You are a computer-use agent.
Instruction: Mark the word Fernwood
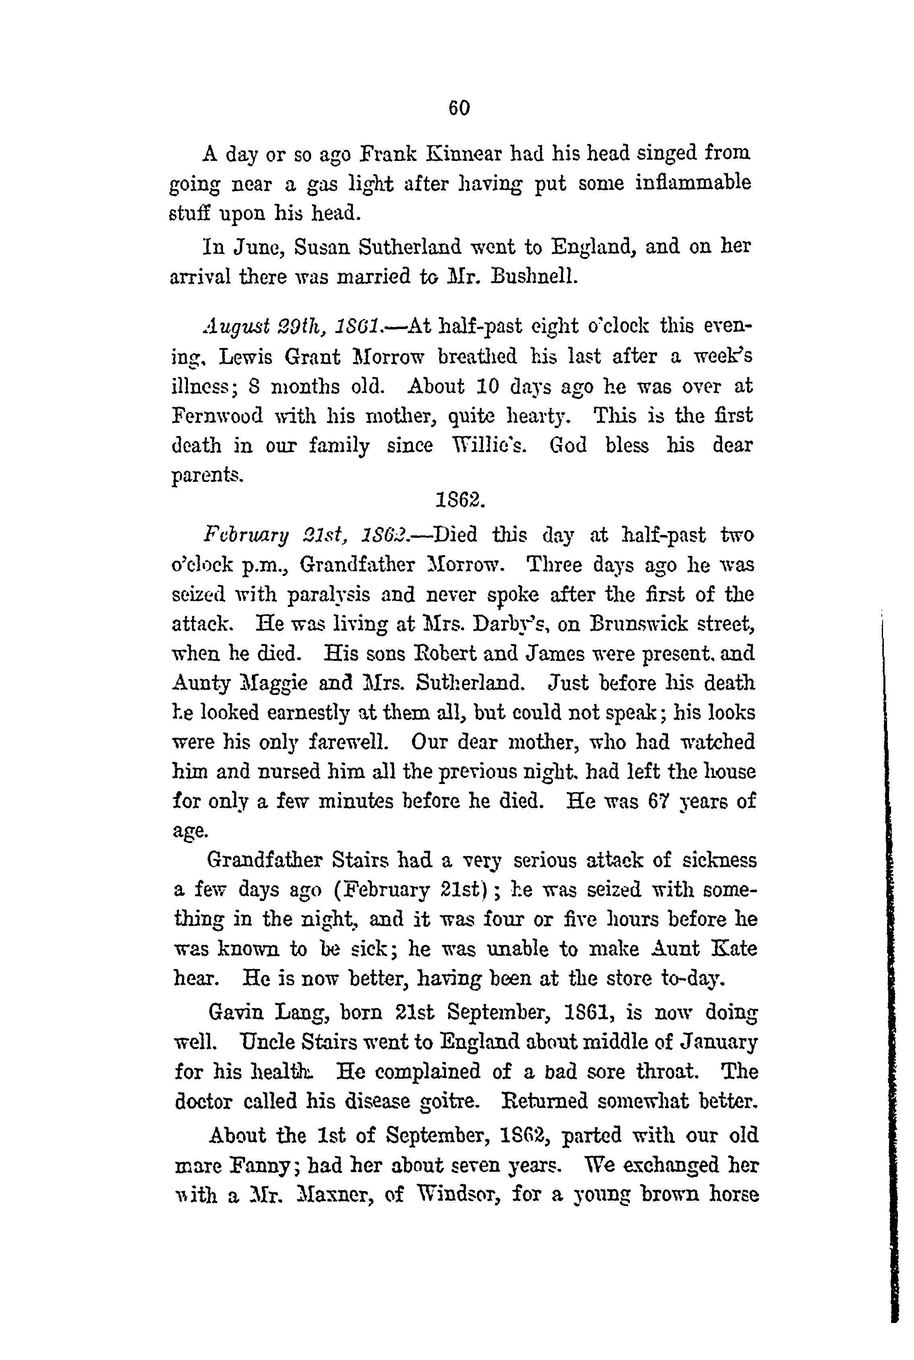[x=217, y=416]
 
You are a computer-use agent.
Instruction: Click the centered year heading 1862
[x=459, y=499]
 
